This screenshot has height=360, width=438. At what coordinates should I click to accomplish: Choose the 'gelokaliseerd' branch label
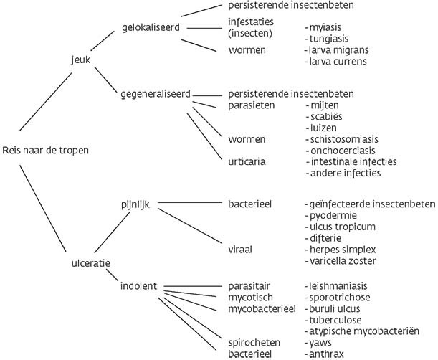coord(151,27)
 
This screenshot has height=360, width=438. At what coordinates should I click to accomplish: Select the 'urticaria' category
coord(246,161)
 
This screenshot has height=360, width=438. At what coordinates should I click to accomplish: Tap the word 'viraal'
coord(240,249)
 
